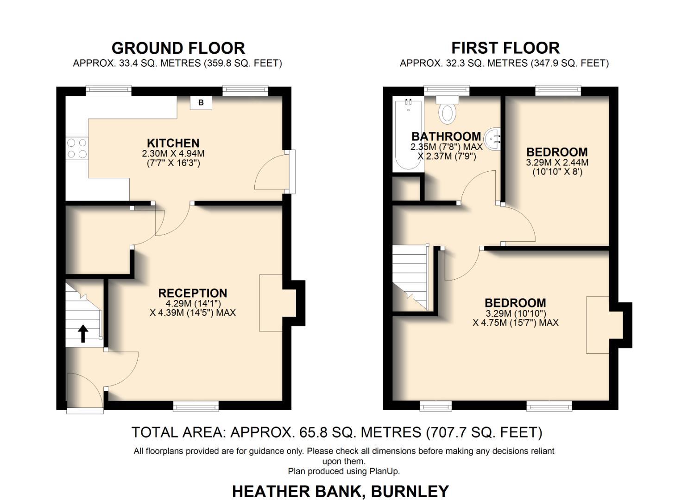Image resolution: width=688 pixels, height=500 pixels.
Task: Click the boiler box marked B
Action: pos(201,103)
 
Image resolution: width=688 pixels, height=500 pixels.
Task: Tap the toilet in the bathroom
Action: pos(447,111)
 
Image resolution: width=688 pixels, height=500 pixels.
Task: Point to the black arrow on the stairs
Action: pos(83,333)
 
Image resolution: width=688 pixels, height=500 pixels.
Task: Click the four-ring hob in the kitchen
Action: pos(76,149)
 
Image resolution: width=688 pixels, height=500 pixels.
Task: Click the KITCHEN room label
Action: pos(173,143)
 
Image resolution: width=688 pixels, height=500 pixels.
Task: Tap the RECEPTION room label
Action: pos(193,293)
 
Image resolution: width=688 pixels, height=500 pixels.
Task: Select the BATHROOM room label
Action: pos(446,137)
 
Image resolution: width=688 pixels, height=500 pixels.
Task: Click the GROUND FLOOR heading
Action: pos(178,48)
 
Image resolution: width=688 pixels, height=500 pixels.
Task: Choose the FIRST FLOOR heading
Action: pos(505,48)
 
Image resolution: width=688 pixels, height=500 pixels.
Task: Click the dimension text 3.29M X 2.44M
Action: pos(557,162)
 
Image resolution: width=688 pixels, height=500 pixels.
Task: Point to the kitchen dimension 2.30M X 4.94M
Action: pos(173,153)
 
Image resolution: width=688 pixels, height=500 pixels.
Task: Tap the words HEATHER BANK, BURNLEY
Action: pos(340,491)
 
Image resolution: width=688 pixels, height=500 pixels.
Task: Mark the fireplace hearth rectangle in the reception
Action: pos(271,303)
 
